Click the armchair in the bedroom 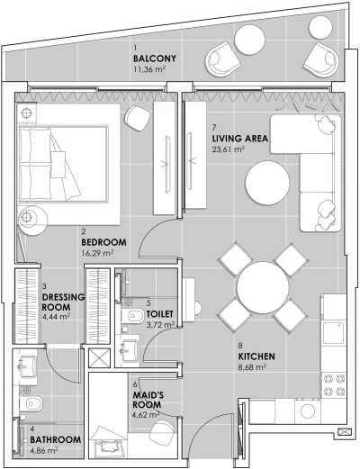pyautogui.click(x=137, y=117)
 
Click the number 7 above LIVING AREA pyautogui.click(x=214, y=128)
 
